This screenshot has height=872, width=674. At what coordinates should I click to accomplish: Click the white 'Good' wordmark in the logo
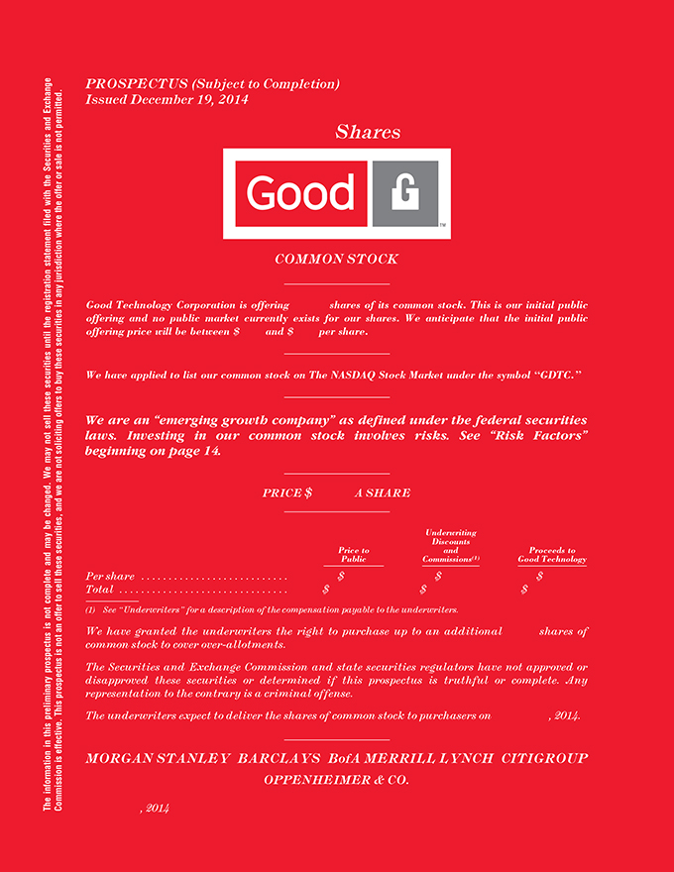pyautogui.click(x=299, y=193)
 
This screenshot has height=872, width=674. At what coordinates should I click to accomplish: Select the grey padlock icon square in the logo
pyautogui.click(x=404, y=193)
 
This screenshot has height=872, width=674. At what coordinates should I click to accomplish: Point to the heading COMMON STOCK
pyautogui.click(x=336, y=260)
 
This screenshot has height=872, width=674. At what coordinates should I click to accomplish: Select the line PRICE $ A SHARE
pyautogui.click(x=336, y=493)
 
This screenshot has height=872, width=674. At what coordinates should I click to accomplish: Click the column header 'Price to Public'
pyautogui.click(x=353, y=555)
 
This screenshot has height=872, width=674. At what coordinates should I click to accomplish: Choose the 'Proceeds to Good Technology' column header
pyautogui.click(x=552, y=555)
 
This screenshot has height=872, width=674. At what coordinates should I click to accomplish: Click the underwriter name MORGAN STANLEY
pyautogui.click(x=156, y=759)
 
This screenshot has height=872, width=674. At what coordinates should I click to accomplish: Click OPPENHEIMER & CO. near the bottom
pyautogui.click(x=336, y=780)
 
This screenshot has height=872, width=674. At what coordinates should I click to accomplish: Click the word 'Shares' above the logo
pyautogui.click(x=368, y=132)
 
